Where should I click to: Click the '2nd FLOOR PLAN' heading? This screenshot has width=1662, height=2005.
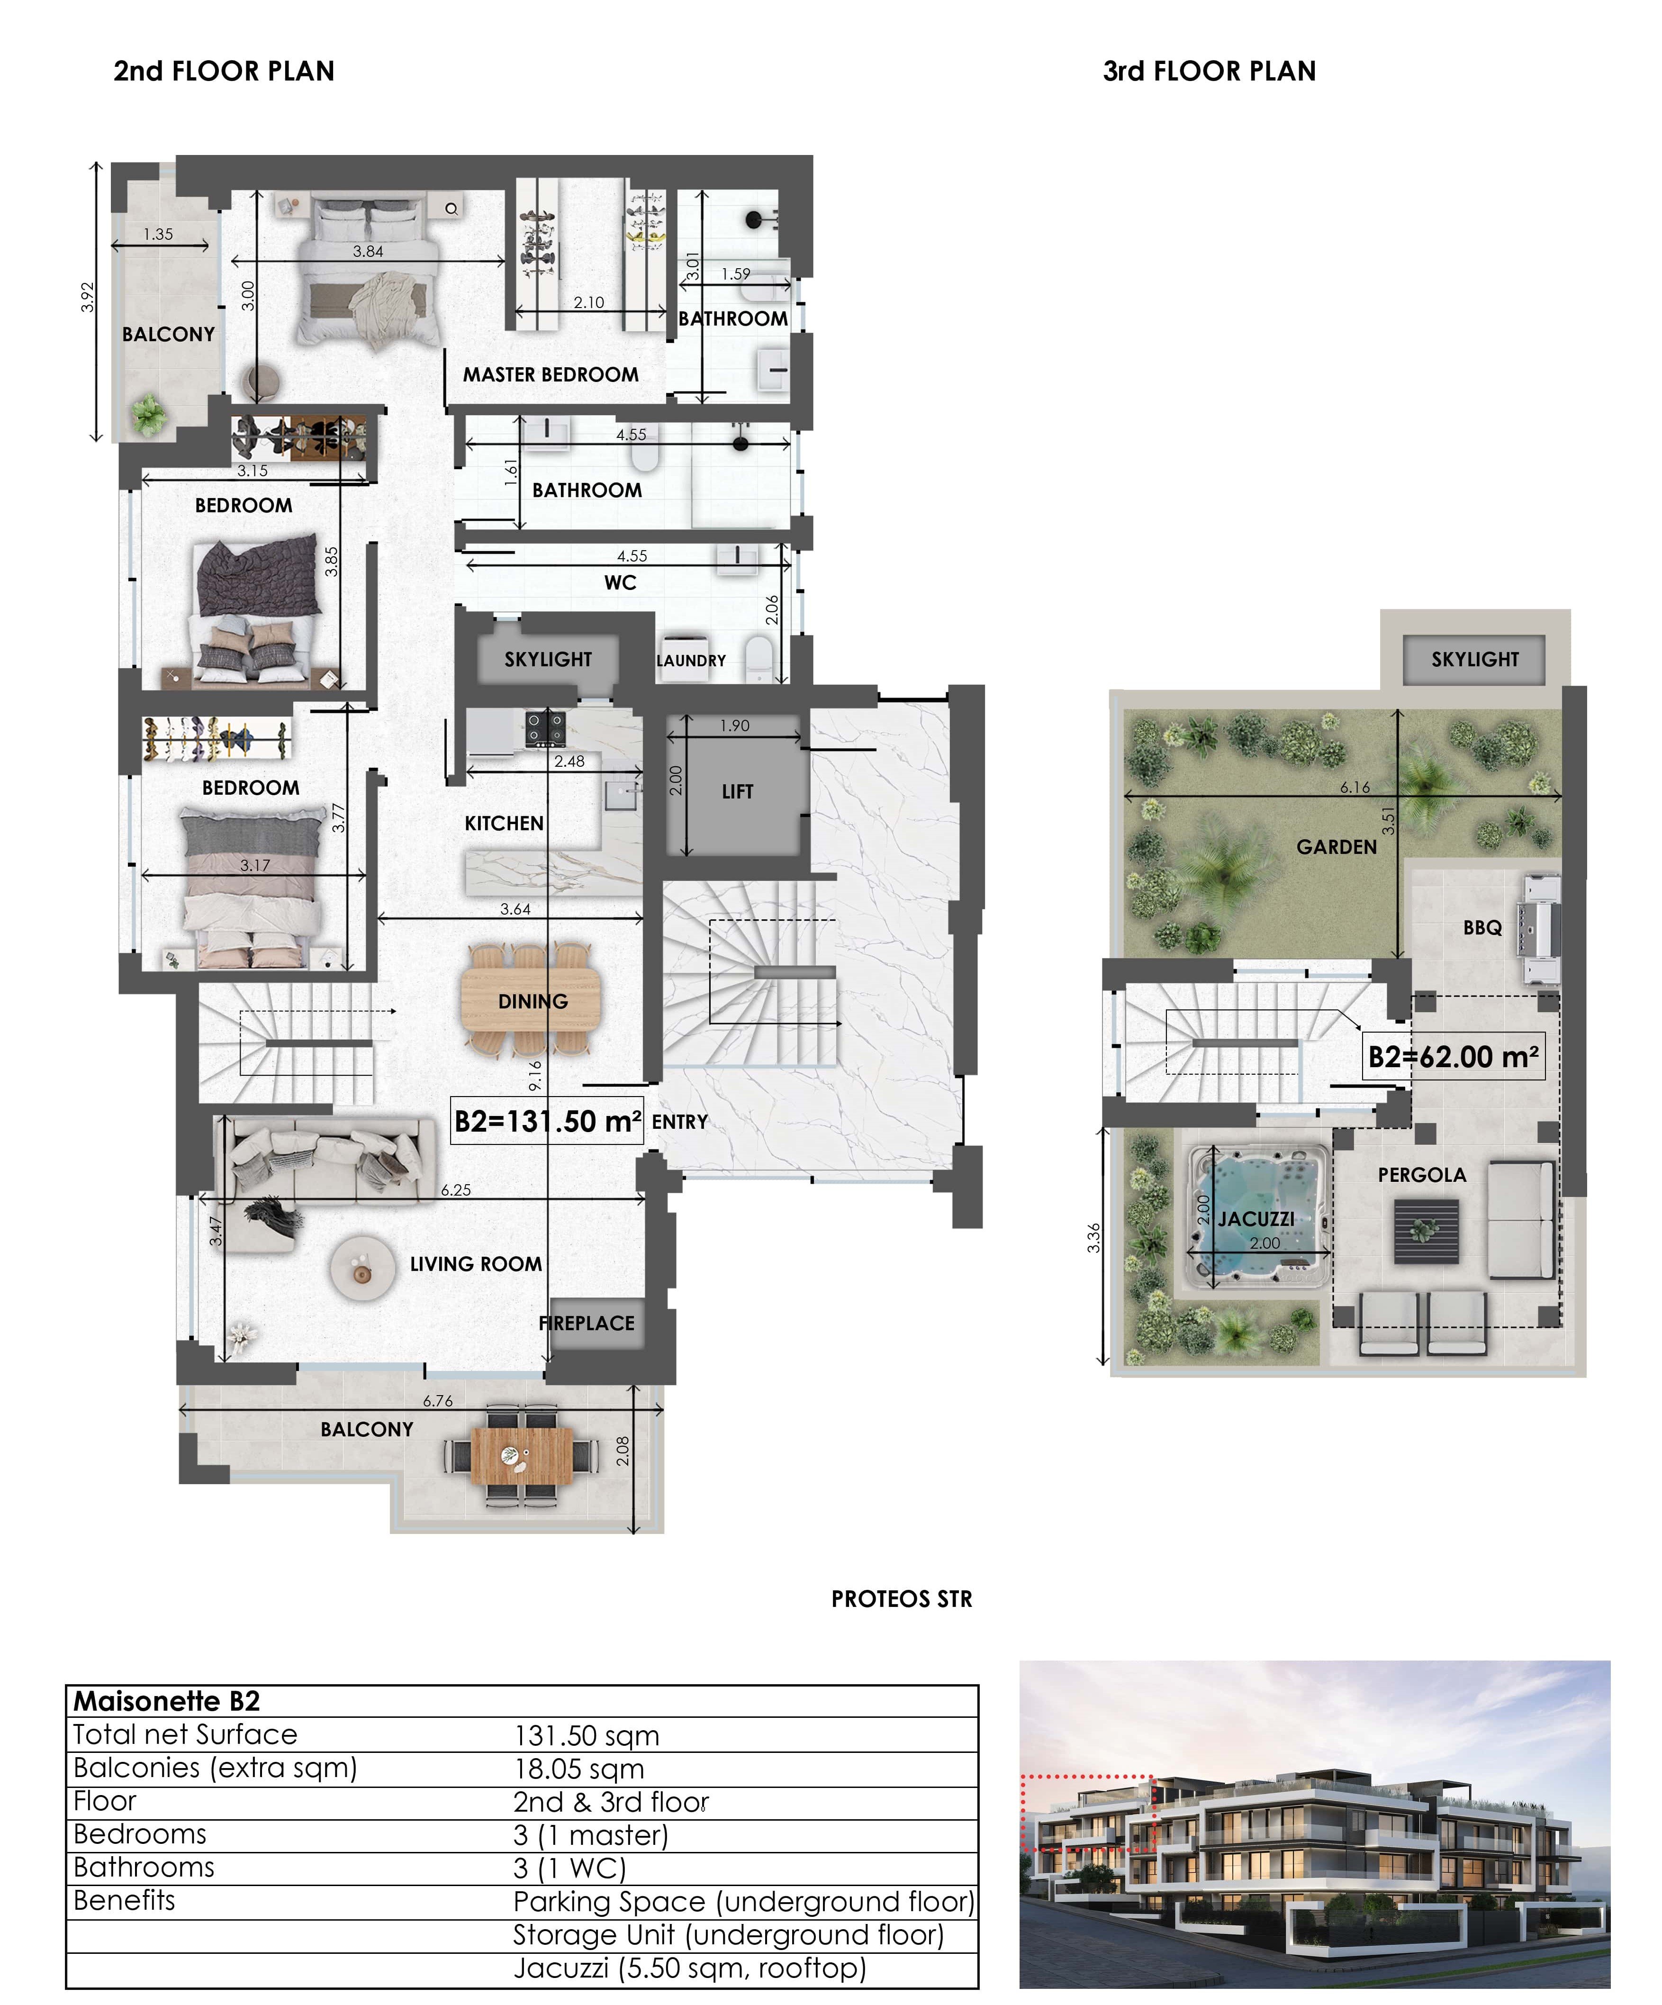223,72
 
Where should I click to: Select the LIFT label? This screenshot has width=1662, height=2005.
737,791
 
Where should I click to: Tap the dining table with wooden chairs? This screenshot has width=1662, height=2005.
532,1000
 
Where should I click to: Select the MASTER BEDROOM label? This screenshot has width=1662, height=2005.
551,374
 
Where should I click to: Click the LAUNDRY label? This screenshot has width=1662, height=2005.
691,661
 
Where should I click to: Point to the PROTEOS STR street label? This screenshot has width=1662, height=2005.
901,1599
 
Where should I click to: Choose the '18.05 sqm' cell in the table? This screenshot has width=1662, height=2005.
578,1768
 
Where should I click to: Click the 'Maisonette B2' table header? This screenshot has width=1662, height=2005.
167,1701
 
